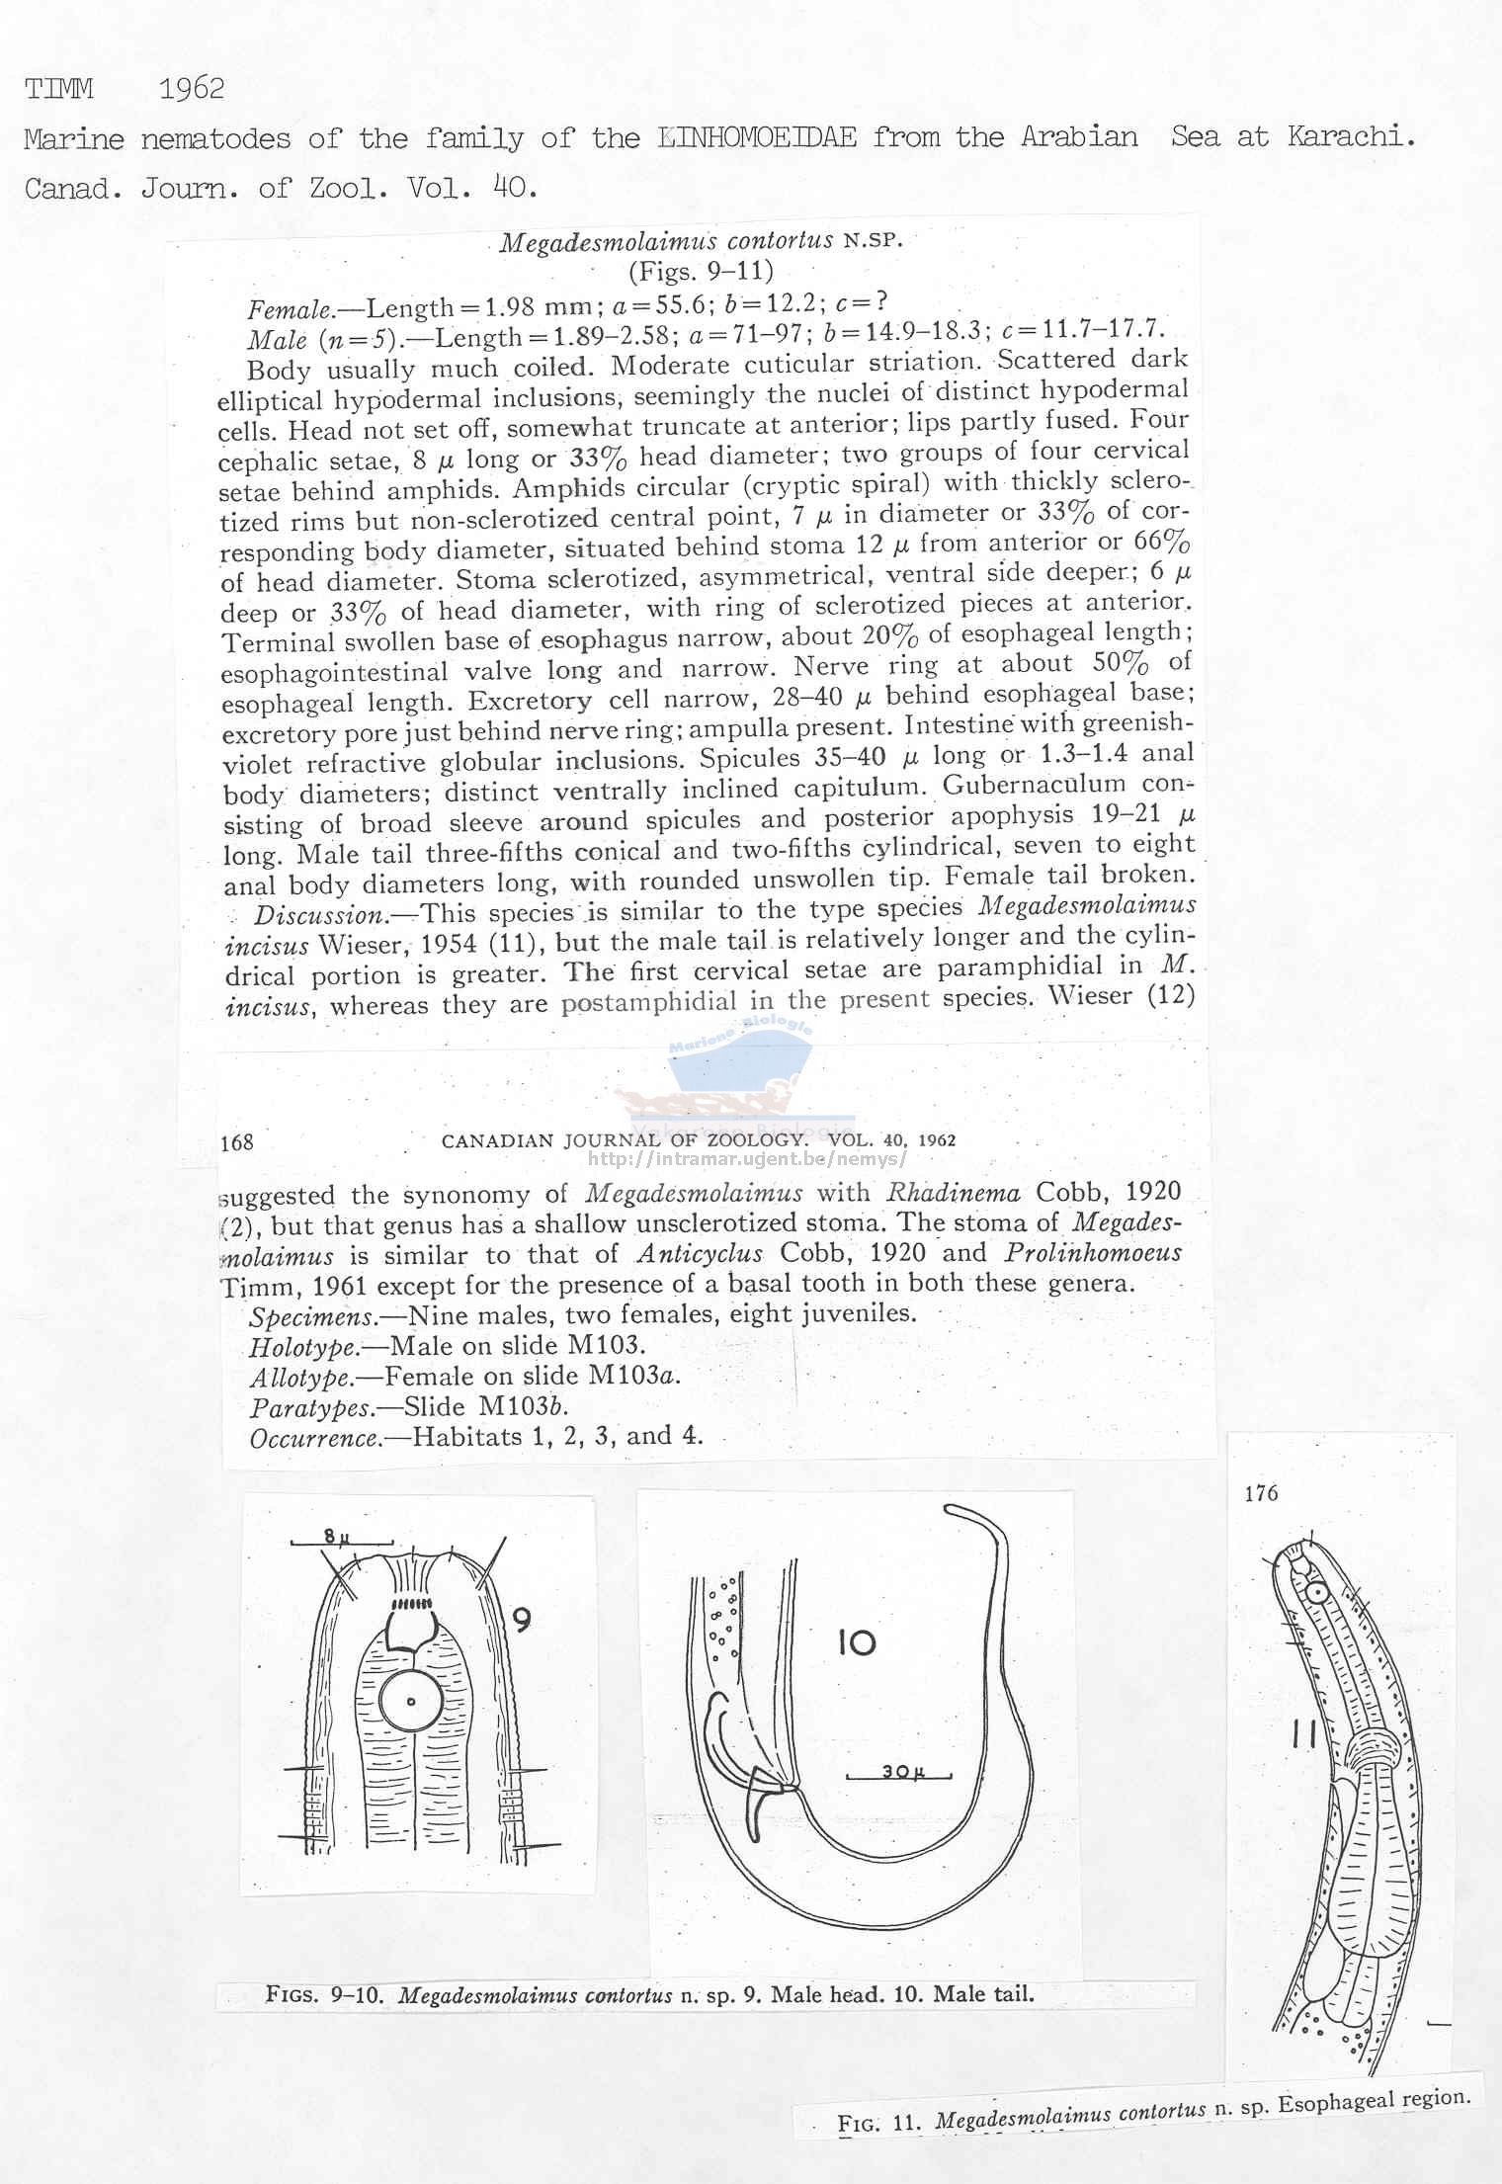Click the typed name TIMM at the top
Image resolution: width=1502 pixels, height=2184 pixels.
tap(59, 90)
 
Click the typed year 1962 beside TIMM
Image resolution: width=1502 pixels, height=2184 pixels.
tap(192, 90)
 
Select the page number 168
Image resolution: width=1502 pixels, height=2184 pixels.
tap(237, 1143)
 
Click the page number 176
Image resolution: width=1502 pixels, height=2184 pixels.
tap(1261, 1493)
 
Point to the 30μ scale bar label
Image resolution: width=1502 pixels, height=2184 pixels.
tap(901, 1772)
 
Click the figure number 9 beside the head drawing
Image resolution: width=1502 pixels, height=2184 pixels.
tap(523, 1619)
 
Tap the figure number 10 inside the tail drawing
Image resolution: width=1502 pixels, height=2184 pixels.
tap(856, 1643)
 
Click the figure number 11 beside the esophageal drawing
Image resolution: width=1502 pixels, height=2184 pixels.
tap(1302, 1732)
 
